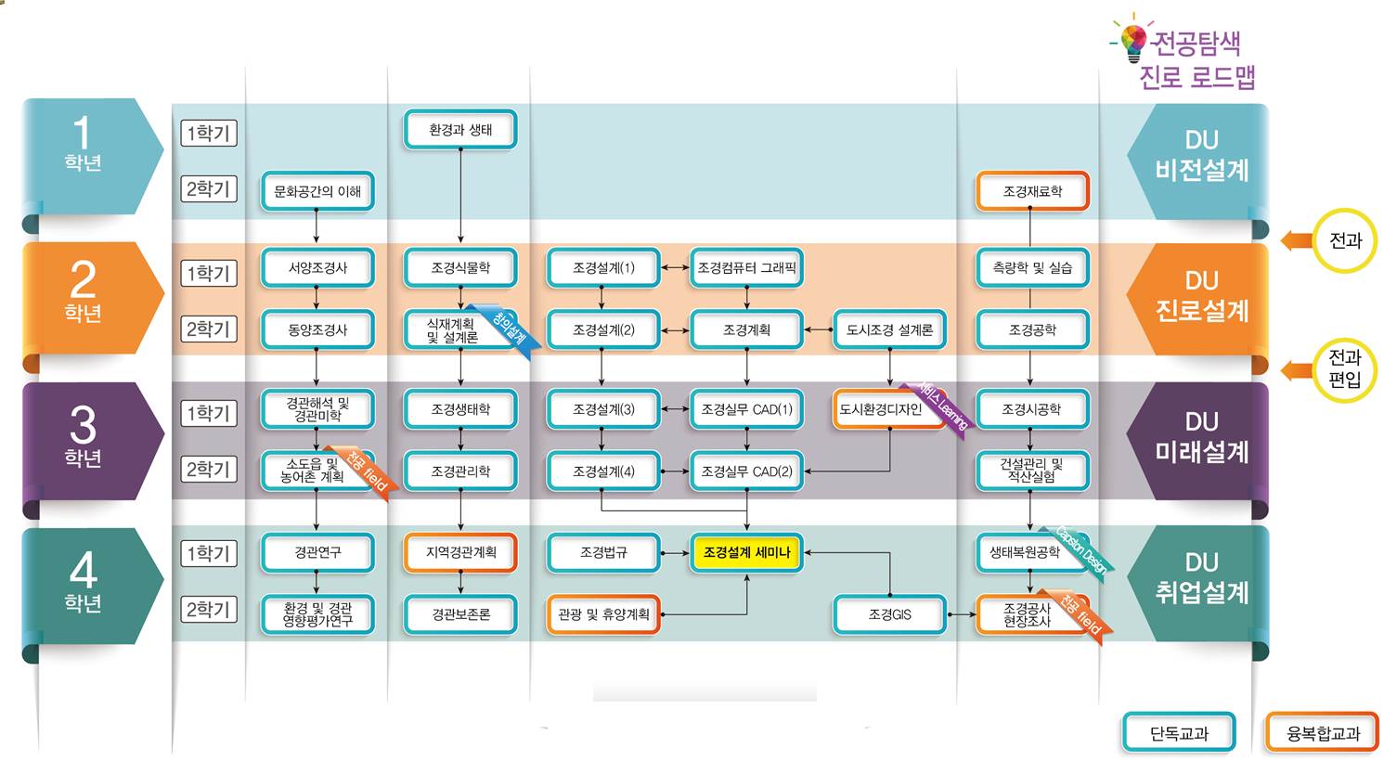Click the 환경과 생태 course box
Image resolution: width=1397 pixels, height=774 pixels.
(460, 130)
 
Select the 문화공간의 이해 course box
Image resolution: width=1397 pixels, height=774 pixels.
(317, 191)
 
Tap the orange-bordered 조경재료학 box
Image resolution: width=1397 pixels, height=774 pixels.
(1032, 191)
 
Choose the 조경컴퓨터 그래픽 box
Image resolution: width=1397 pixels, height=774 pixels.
(746, 268)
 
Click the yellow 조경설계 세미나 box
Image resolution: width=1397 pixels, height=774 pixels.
(746, 553)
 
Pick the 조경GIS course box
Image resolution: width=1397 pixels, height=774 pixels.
(889, 614)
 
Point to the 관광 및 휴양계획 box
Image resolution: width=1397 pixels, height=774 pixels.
(603, 614)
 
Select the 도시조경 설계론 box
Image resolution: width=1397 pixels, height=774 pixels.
(889, 329)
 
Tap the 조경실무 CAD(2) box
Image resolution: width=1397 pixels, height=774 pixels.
(746, 471)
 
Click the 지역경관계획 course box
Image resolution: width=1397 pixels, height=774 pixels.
(460, 553)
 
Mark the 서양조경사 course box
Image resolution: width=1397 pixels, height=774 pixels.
(317, 268)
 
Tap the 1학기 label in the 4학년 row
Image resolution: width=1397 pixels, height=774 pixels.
(209, 554)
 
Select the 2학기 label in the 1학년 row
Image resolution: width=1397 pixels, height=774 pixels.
(209, 189)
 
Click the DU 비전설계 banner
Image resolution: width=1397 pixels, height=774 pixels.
(1201, 156)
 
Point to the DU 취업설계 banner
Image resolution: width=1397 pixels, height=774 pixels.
(1201, 578)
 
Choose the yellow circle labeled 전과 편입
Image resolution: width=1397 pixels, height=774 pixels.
(1344, 369)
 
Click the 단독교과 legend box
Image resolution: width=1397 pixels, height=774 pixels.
(1179, 733)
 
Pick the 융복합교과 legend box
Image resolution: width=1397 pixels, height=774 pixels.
(1322, 733)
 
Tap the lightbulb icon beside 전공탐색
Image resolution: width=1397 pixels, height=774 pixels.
(1132, 39)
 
